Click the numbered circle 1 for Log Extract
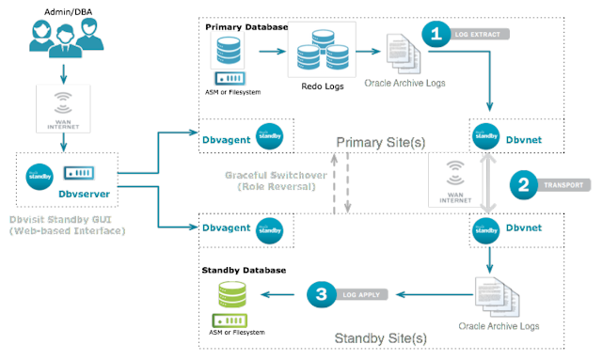pyautogui.click(x=436, y=33)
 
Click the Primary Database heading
pyautogui.click(x=246, y=27)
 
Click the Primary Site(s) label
pyautogui.click(x=381, y=141)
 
